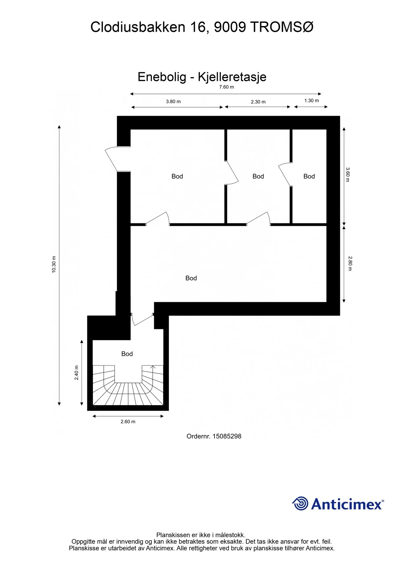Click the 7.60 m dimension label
[226, 87]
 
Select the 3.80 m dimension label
[173, 102]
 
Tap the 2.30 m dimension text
[258, 102]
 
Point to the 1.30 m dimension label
[311, 101]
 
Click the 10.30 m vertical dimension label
[54, 264]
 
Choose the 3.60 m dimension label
[348, 174]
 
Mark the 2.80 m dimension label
[350, 263]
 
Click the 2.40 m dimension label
[76, 373]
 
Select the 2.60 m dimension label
[128, 422]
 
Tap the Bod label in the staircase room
[127, 354]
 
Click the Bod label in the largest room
[191, 278]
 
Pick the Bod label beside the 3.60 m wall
[309, 176]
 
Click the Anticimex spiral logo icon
[300, 503]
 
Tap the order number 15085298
[227, 436]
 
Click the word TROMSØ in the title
[282, 27]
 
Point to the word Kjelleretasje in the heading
[232, 77]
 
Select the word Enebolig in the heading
[162, 77]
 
